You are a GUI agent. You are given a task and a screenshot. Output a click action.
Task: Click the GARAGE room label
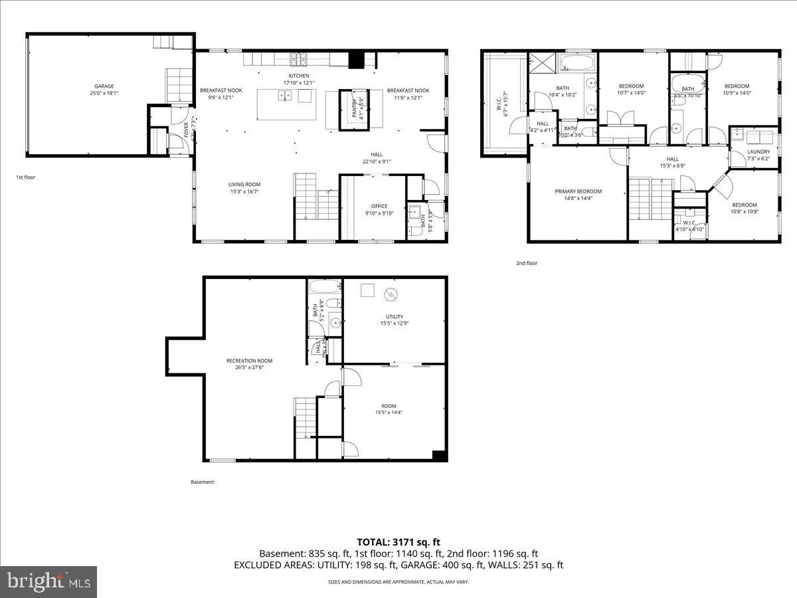pos(104,86)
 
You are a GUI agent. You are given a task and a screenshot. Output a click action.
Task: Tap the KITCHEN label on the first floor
pos(299,76)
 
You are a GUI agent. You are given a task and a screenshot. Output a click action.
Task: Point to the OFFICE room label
pos(379,206)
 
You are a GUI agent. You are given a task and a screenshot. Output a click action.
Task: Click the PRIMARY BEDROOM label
pos(578,191)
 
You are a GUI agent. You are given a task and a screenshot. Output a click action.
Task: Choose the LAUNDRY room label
pos(758,151)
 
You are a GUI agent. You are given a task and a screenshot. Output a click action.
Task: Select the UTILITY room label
pos(395,316)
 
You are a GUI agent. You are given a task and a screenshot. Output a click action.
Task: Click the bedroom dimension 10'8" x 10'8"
pos(745,212)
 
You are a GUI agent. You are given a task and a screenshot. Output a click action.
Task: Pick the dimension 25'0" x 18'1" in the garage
pos(104,93)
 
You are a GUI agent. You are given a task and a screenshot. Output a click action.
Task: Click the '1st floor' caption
pos(27,177)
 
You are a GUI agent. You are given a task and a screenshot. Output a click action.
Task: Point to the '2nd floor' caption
pos(527,263)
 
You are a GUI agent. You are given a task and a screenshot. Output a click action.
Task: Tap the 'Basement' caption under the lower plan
pos(202,482)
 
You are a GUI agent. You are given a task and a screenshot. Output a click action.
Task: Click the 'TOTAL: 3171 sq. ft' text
pos(398,542)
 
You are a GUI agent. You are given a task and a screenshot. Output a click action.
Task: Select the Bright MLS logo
pos(48,582)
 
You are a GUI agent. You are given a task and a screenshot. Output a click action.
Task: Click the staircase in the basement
pos(305,417)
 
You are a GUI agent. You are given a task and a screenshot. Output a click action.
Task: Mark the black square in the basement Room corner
pos(438,455)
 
